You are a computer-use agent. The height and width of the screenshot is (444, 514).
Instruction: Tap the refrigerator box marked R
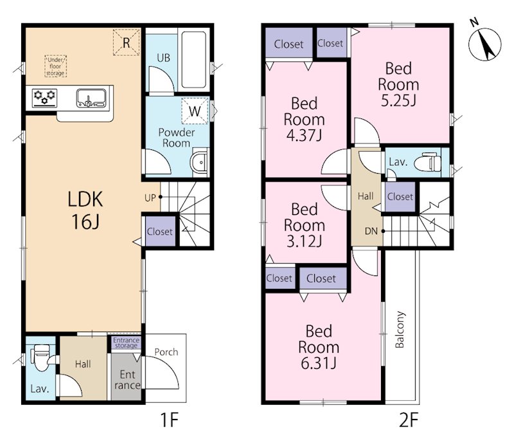point(127,42)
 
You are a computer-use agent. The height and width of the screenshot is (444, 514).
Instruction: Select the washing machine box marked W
point(195,111)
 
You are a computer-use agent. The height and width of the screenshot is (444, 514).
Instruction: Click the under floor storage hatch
point(55,66)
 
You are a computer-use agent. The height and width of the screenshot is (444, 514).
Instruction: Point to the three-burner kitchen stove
point(44,98)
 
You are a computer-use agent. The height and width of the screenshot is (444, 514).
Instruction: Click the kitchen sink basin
point(91,98)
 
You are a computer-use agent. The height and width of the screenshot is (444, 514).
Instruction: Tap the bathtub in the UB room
point(194,59)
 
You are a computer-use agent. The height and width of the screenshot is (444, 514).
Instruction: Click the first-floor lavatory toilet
point(42,357)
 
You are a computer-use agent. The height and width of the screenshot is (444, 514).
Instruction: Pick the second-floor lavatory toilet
point(427,162)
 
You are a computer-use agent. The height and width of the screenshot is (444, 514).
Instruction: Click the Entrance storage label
point(126,342)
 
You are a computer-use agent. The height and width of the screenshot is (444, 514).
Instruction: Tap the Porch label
point(166,352)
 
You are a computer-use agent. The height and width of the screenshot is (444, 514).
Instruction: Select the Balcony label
point(400,329)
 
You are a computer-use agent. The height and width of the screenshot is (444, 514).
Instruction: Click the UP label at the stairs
point(150,198)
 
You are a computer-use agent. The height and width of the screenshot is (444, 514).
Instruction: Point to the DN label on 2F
point(371,231)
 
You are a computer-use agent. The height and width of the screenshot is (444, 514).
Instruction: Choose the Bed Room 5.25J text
point(398,85)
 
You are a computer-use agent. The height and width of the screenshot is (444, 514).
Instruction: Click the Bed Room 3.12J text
point(304,225)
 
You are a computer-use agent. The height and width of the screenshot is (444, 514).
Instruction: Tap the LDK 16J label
point(85,210)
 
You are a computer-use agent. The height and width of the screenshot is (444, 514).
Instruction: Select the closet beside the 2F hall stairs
point(400,197)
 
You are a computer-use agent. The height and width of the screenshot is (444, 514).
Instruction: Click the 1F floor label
point(169,420)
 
